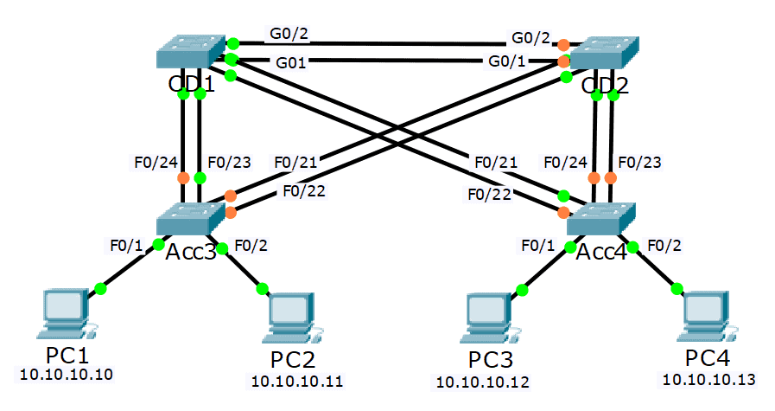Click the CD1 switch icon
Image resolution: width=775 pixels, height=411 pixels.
pyautogui.click(x=191, y=53)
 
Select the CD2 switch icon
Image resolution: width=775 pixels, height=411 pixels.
pyautogui.click(x=603, y=54)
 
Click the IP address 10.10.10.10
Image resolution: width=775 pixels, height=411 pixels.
pyautogui.click(x=66, y=375)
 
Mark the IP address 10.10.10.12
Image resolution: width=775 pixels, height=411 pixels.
pyautogui.click(x=483, y=381)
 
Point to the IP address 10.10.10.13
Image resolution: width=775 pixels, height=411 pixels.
pyautogui.click(x=708, y=378)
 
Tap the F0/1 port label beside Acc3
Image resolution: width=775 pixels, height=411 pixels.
pyautogui.click(x=126, y=244)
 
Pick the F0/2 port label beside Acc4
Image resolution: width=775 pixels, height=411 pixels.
pyautogui.click(x=665, y=244)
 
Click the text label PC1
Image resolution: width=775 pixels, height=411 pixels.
pyautogui.click(x=67, y=356)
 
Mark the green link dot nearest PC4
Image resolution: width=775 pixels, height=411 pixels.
pyautogui.click(x=676, y=287)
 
